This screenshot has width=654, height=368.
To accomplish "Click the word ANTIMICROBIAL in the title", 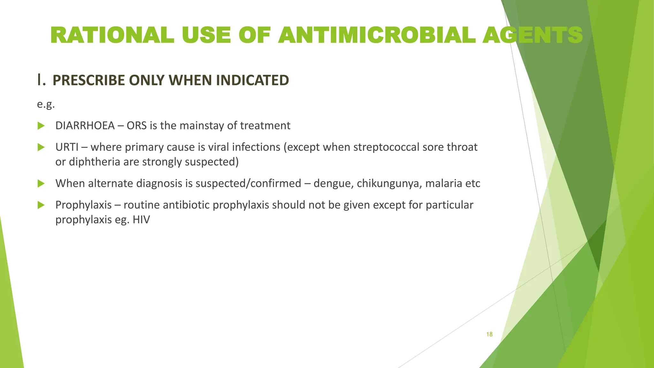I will pyautogui.click(x=377, y=35).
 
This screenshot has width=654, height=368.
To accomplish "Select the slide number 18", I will pyautogui.click(x=489, y=334).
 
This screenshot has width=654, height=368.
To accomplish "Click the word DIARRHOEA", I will pyautogui.click(x=85, y=126).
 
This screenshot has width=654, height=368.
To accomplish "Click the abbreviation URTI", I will pyautogui.click(x=67, y=147).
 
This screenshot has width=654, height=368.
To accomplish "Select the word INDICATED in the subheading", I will pyautogui.click(x=252, y=80).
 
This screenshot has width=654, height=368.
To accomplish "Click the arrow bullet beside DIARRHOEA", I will pyautogui.click(x=41, y=126).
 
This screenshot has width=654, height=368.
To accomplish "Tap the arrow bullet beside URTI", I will pyautogui.click(x=41, y=147).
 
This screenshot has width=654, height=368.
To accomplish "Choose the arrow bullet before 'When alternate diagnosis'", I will pyautogui.click(x=41, y=183).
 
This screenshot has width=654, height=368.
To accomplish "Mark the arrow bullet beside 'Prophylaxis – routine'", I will pyautogui.click(x=41, y=205).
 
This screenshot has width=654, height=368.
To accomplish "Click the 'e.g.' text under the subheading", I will pyautogui.click(x=46, y=104).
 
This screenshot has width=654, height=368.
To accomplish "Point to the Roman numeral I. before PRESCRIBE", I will pyautogui.click(x=41, y=80).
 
